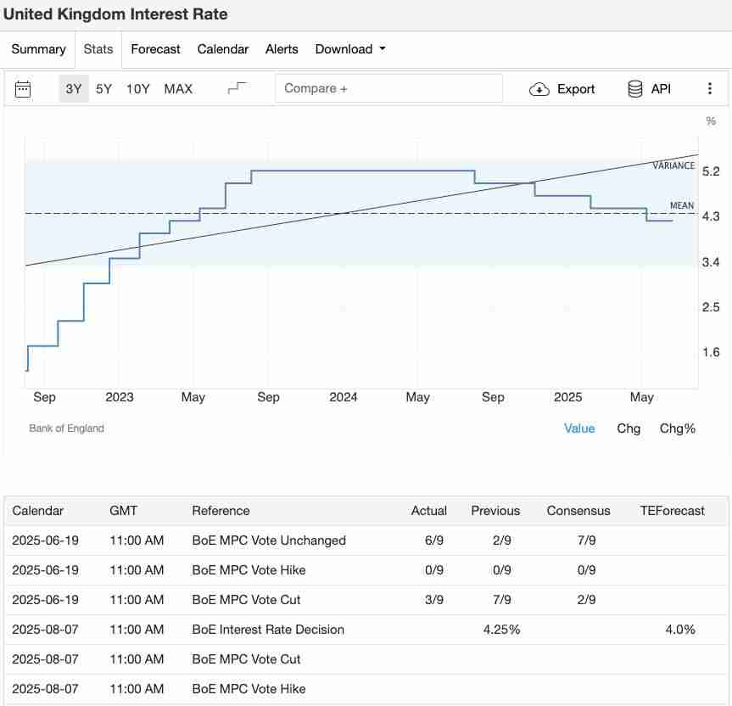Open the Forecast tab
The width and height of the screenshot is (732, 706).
pos(155,49)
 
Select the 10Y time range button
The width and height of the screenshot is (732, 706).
pos(138,89)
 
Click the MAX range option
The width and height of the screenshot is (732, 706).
pos(178,89)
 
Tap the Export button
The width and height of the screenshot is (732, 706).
pos(562,89)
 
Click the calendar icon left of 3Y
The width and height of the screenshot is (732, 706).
pos(23,89)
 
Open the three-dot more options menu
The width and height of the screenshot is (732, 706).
pos(710,89)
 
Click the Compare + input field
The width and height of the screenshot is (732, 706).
pos(388,88)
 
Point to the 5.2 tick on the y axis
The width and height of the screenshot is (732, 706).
pos(711,171)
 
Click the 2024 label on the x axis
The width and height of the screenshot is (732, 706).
pos(344,397)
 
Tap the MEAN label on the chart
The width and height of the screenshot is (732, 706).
pos(682,205)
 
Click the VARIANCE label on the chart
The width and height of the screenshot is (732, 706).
pos(673,165)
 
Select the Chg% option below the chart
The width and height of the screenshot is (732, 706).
pos(678,429)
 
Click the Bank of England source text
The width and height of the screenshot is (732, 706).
pos(66,429)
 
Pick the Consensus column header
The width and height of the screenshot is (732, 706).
pos(578,511)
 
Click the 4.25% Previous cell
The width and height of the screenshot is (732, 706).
pos(501,630)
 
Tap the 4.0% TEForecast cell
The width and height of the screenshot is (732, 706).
pos(680,630)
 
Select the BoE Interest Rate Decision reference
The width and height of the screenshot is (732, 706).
pos(268,630)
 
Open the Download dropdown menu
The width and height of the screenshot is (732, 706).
pos(350,49)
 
